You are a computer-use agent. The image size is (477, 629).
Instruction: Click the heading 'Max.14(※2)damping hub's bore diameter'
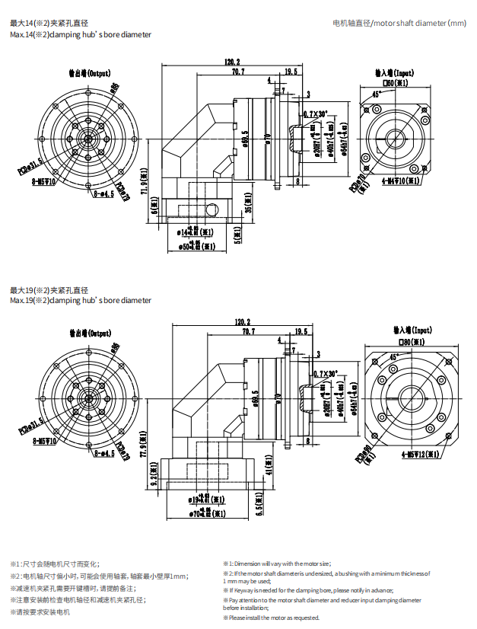click(x=81, y=35)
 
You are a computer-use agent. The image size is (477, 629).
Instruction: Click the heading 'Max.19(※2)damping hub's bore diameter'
click(x=81, y=301)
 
